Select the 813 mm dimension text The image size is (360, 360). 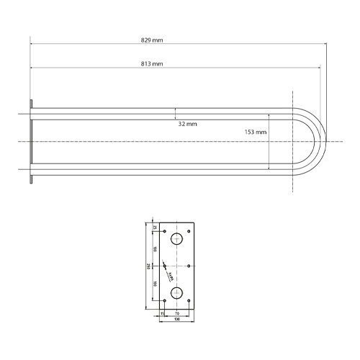[x=152, y=65]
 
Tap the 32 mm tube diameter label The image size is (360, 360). [x=187, y=124]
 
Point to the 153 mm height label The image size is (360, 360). [x=256, y=132]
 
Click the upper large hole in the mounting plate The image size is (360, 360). [x=176, y=240]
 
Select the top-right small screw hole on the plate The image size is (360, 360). [x=189, y=231]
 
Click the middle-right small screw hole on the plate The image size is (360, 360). [x=189, y=266]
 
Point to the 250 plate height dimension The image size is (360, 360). [x=148, y=266]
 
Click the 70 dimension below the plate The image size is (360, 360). [x=177, y=314]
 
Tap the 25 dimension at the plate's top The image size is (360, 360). [x=155, y=227]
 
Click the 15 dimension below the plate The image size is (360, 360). [x=162, y=314]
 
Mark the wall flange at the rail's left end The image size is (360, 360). [x=31, y=142]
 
